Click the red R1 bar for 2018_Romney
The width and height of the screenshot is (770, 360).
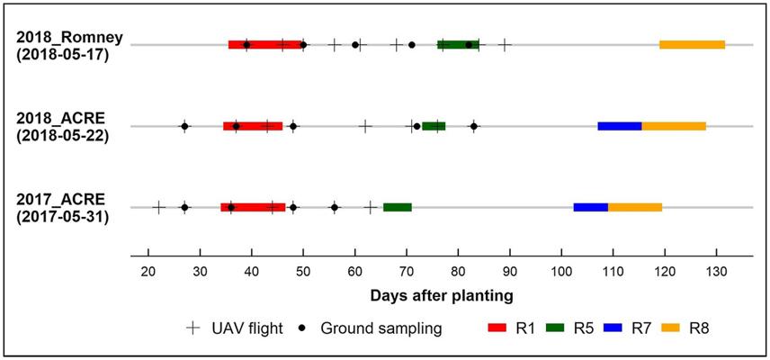(265, 44)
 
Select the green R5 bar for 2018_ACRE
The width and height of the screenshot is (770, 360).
(434, 126)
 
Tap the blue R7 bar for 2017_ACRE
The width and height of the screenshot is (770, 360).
(590, 207)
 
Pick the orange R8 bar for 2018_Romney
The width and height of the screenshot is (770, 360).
(692, 44)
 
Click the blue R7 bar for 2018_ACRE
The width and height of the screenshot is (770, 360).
(619, 126)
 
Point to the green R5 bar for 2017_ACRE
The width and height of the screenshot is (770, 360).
(397, 207)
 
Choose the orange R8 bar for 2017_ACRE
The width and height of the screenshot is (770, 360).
(635, 207)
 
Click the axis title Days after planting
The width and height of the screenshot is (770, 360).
(442, 294)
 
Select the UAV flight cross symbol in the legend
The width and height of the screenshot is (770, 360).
(192, 328)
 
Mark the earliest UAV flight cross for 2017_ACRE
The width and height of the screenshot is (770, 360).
(158, 207)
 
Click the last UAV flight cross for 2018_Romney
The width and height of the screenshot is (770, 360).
(505, 44)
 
